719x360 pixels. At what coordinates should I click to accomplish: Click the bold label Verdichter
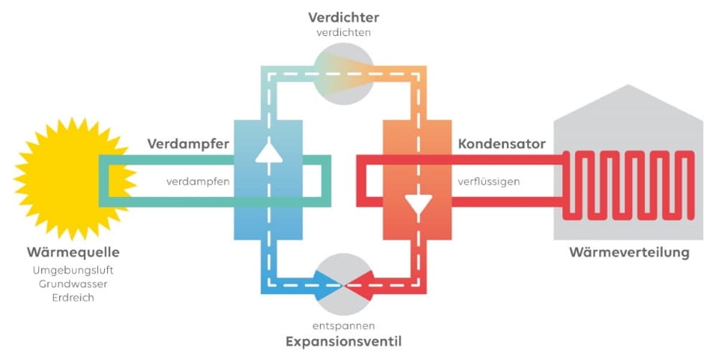[x=344, y=17]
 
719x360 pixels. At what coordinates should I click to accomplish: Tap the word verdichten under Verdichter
[x=344, y=32]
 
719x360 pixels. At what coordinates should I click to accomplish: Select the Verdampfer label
[x=188, y=144]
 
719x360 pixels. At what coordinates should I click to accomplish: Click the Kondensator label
[x=501, y=144]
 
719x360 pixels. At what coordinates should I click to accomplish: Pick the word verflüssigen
[x=489, y=181]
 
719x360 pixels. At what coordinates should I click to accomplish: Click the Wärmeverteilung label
[x=629, y=252]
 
